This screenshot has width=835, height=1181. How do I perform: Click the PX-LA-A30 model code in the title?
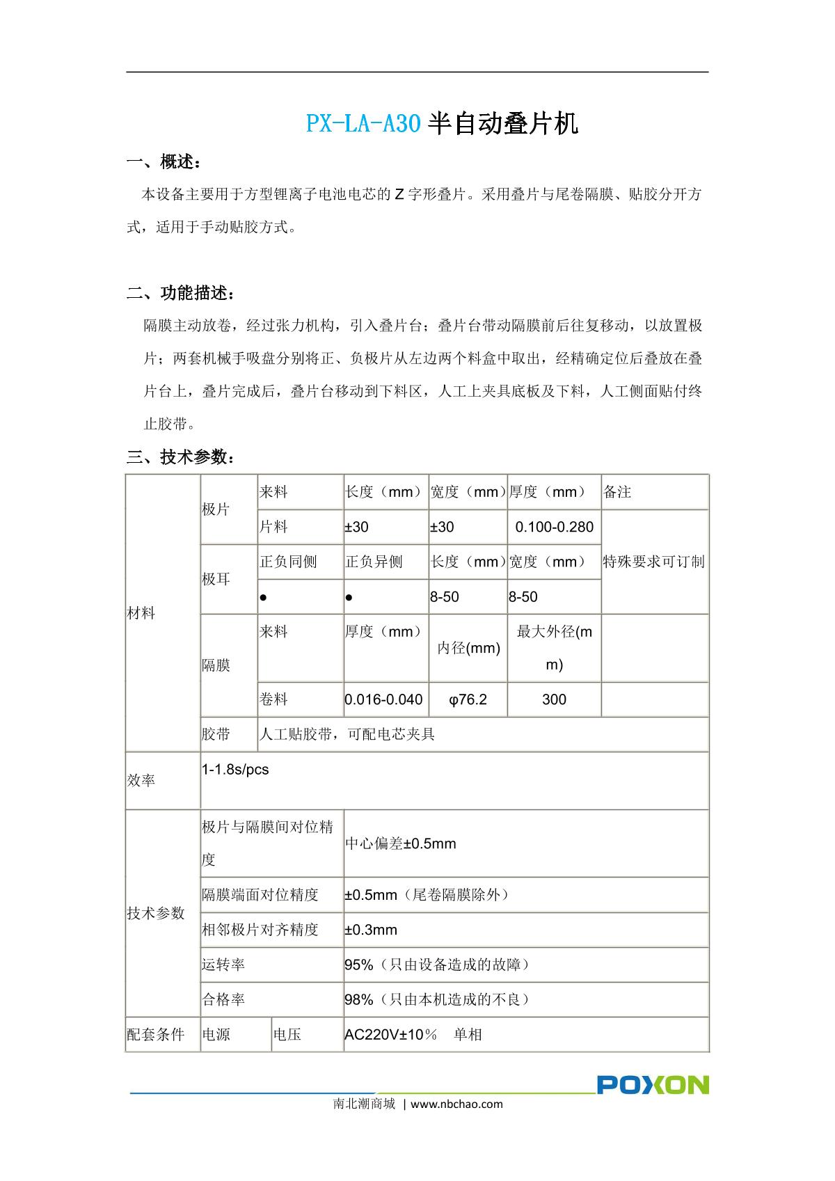click(363, 124)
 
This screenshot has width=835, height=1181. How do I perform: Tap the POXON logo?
click(652, 1084)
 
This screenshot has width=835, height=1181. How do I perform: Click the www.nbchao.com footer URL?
click(456, 1104)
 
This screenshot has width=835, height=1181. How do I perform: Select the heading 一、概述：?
click(165, 163)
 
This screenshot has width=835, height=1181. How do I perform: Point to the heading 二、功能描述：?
click(181, 293)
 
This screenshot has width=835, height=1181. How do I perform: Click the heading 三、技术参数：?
click(181, 457)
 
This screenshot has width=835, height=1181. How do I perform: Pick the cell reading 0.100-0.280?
click(554, 527)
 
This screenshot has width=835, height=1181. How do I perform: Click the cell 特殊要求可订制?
click(653, 562)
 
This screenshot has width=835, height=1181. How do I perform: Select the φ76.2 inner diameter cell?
click(468, 699)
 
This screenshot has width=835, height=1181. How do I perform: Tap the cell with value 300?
click(554, 699)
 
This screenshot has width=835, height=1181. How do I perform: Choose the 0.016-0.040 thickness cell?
click(384, 699)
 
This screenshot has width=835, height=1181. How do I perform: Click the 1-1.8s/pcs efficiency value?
click(235, 770)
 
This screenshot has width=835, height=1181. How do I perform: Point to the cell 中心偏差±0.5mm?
click(401, 843)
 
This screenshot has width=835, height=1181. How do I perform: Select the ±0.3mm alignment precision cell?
click(372, 930)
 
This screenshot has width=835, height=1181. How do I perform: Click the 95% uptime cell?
click(438, 965)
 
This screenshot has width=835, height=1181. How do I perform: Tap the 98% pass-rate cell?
click(438, 999)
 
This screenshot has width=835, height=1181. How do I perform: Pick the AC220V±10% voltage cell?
click(413, 1034)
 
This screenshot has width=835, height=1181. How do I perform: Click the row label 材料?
click(141, 613)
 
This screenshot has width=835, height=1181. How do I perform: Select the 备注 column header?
click(617, 492)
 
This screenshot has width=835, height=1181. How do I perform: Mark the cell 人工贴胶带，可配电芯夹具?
click(347, 734)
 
